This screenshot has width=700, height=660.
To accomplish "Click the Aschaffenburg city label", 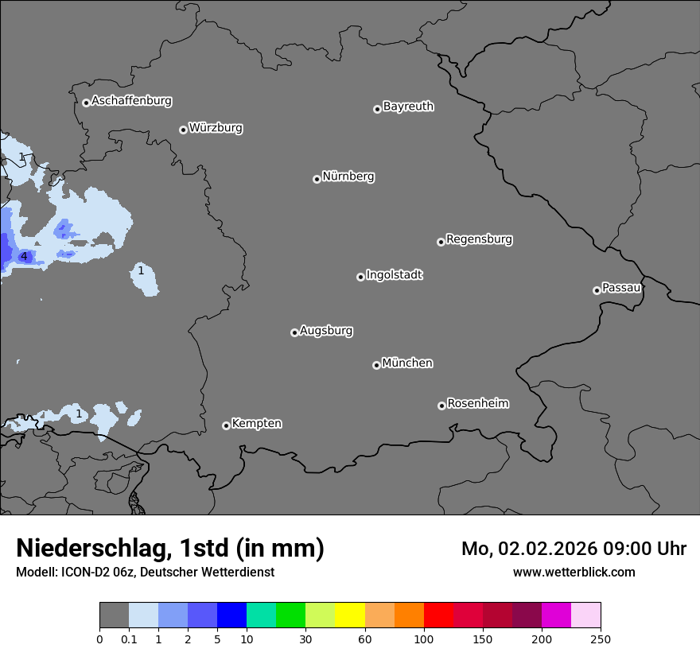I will click(131, 101).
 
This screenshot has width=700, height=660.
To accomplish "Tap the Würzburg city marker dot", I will click(183, 130).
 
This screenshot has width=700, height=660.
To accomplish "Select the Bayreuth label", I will click(408, 107).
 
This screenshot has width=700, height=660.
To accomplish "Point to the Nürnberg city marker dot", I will click(317, 179).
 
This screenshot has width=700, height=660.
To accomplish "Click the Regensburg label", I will click(479, 239).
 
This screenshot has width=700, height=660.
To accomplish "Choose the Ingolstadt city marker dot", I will click(360, 277).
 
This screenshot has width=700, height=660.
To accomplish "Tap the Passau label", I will click(621, 288).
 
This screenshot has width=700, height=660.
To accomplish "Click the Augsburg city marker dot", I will click(294, 332).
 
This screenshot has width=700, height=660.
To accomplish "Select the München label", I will click(407, 363).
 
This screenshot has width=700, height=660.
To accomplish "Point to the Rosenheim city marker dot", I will click(441, 406).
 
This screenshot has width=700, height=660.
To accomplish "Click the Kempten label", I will click(256, 424).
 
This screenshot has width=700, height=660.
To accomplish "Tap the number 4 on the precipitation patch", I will click(24, 257).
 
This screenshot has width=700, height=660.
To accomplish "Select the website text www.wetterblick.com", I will click(574, 572).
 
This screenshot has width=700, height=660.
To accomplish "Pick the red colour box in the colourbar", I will click(438, 615).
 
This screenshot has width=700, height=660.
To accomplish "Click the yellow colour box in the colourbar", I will click(350, 615).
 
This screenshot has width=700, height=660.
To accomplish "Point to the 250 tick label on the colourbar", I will click(600, 639).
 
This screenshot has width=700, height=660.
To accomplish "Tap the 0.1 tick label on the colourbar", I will click(129, 639).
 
